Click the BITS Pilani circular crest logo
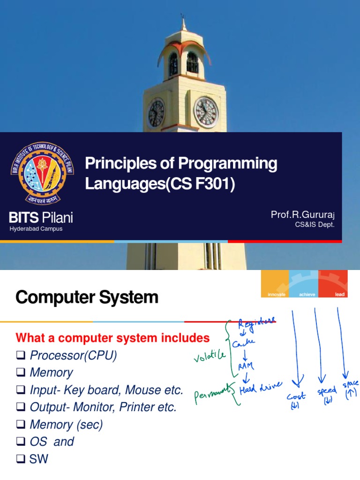[x=36, y=172]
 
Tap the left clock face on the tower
[x=156, y=113]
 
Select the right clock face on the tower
[x=206, y=112]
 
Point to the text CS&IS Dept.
[x=315, y=225]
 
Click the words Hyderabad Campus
[x=36, y=229]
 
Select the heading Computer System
[x=87, y=298]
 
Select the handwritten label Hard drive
[x=261, y=388]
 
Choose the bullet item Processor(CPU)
[x=73, y=356]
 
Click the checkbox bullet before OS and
[x=21, y=442]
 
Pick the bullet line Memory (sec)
[x=66, y=425]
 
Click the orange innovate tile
[x=275, y=284]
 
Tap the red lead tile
[x=333, y=284]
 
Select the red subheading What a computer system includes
[x=112, y=337]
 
